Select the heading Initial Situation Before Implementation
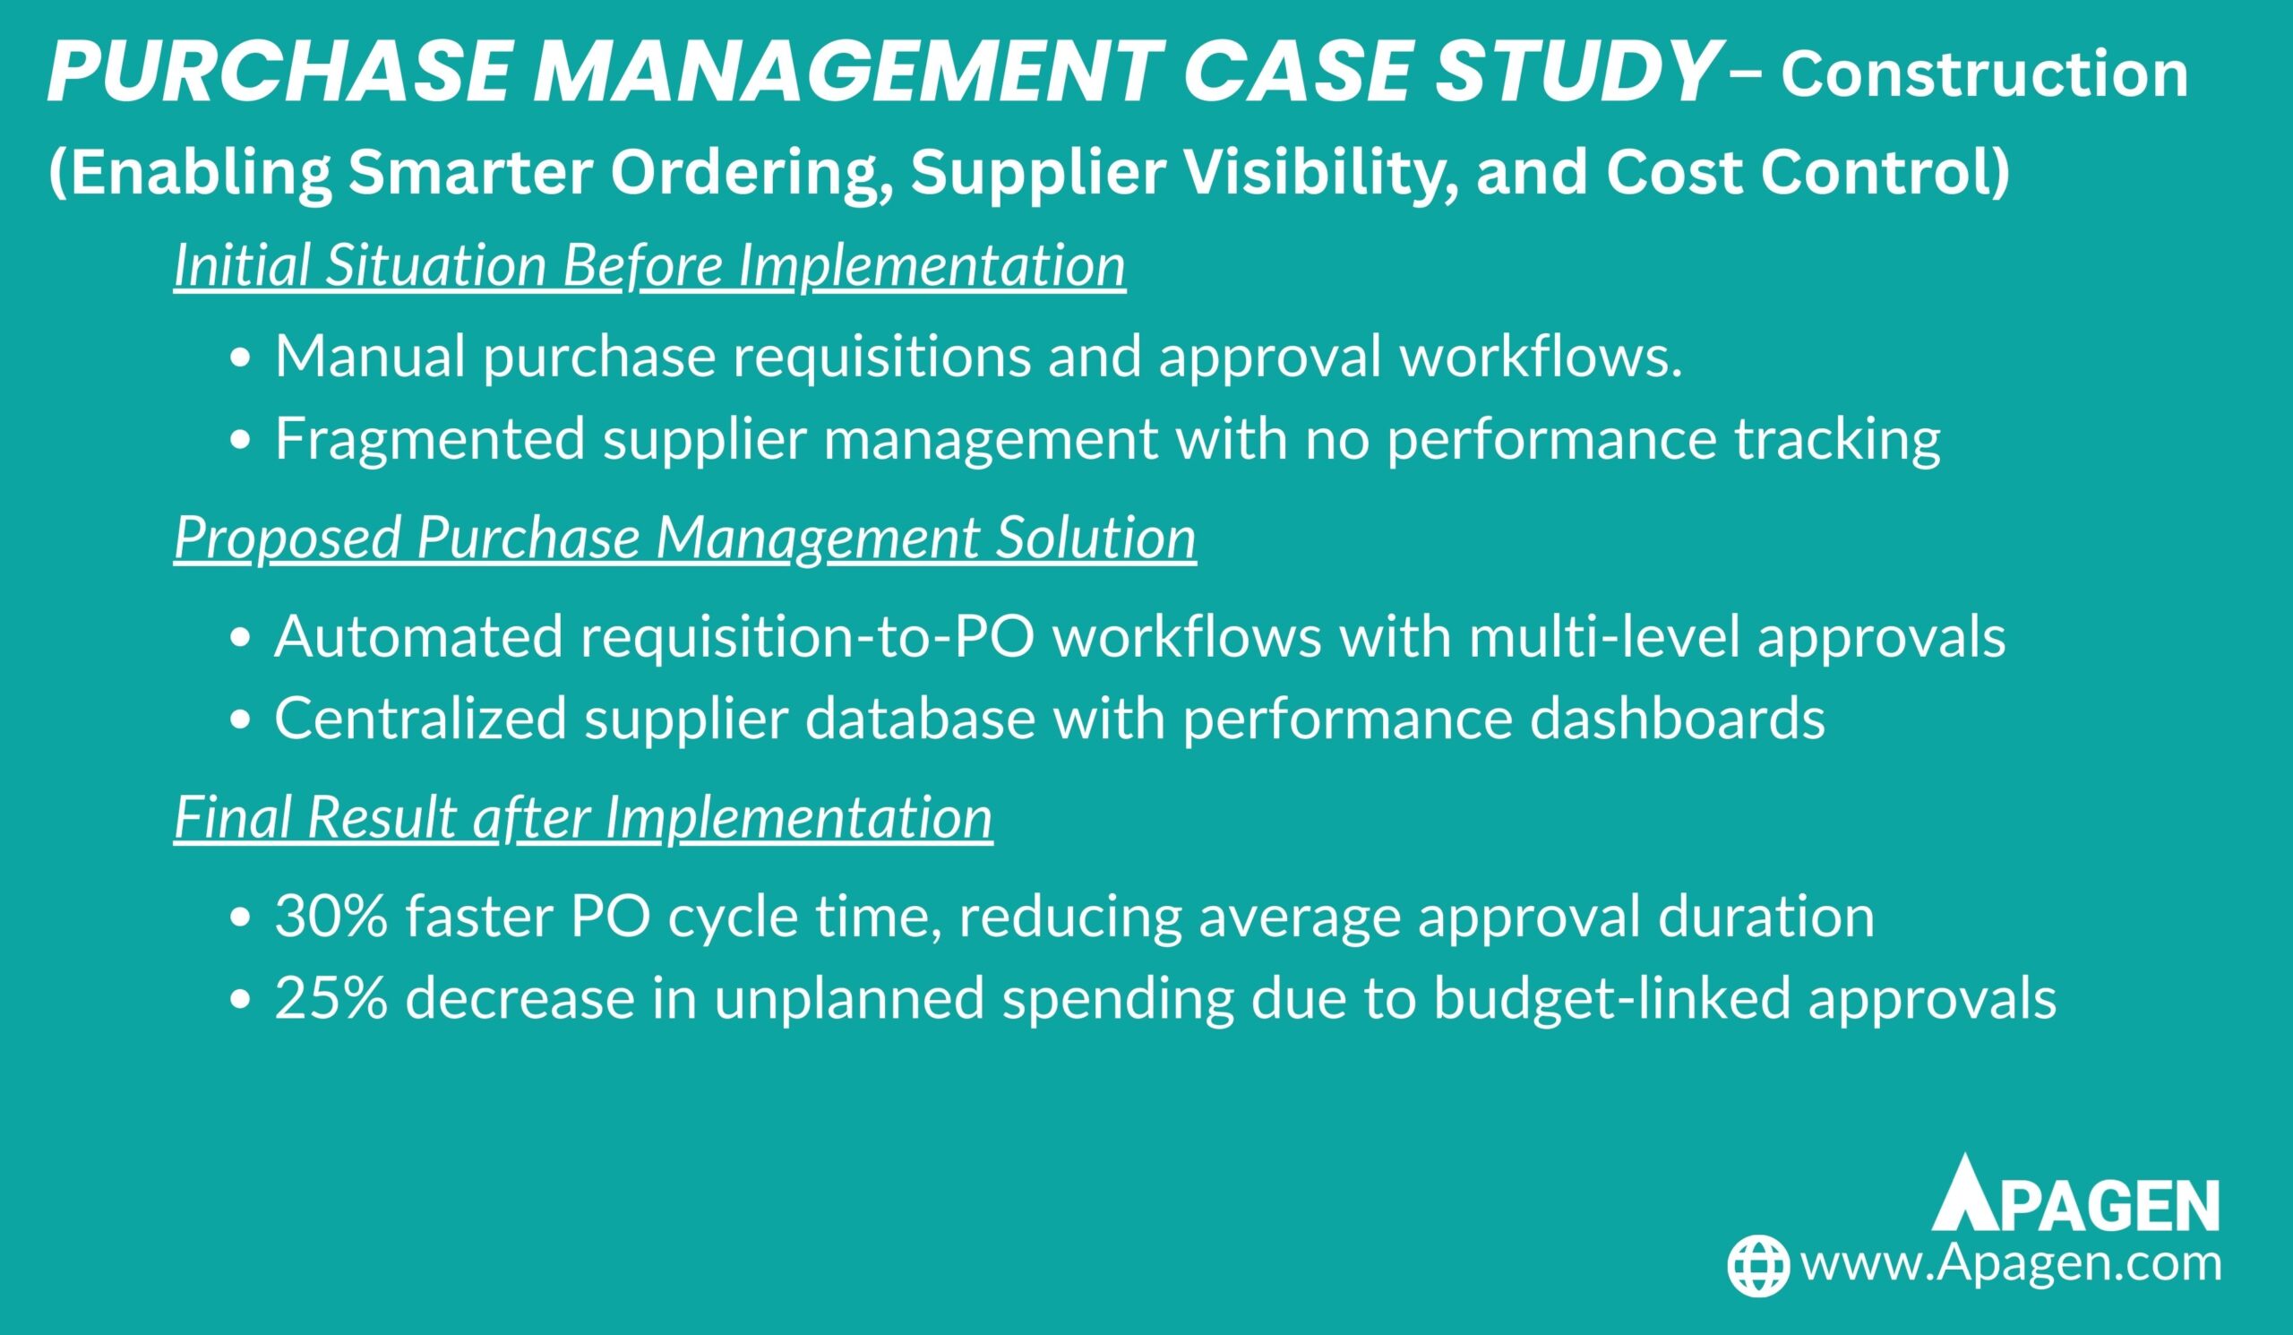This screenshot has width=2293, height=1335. (649, 268)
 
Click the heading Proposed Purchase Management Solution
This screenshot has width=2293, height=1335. (684, 539)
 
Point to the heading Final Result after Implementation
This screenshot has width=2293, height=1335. (582, 818)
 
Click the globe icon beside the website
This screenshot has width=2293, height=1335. (1759, 1265)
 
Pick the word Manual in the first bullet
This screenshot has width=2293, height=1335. (369, 356)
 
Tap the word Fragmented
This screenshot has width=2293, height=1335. (429, 440)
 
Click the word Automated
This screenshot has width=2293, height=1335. (418, 636)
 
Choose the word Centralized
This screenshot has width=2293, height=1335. (420, 719)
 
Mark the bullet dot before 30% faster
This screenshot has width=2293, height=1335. (240, 919)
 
